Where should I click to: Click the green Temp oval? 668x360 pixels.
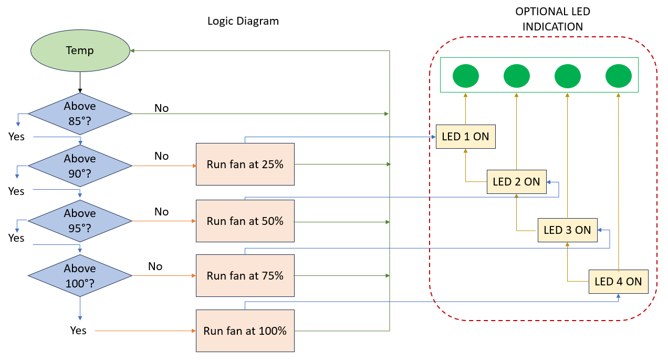(x=80, y=51)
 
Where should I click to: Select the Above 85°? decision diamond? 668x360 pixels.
(x=80, y=113)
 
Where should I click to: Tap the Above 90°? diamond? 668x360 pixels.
(x=80, y=166)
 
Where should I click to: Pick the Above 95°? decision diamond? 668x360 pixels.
(x=80, y=221)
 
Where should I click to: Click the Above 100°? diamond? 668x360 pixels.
(x=80, y=275)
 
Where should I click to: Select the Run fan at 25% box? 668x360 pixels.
(x=245, y=164)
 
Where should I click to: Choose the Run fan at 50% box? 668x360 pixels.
(x=245, y=221)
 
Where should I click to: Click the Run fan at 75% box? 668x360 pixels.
(x=245, y=275)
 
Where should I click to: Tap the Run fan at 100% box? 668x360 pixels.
(x=245, y=331)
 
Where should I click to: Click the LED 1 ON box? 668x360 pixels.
(x=465, y=137)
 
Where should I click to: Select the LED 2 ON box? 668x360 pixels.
(x=516, y=182)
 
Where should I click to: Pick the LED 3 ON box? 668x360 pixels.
(x=567, y=230)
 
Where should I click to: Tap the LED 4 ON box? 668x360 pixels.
(x=618, y=281)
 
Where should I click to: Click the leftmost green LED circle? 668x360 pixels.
(x=465, y=76)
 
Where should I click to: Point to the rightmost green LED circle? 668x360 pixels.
(x=618, y=76)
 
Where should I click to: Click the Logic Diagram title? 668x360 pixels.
(x=243, y=22)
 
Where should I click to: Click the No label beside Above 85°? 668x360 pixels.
(x=161, y=108)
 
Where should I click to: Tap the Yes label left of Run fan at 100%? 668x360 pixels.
(x=78, y=331)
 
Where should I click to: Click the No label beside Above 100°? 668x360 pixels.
(x=155, y=266)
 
